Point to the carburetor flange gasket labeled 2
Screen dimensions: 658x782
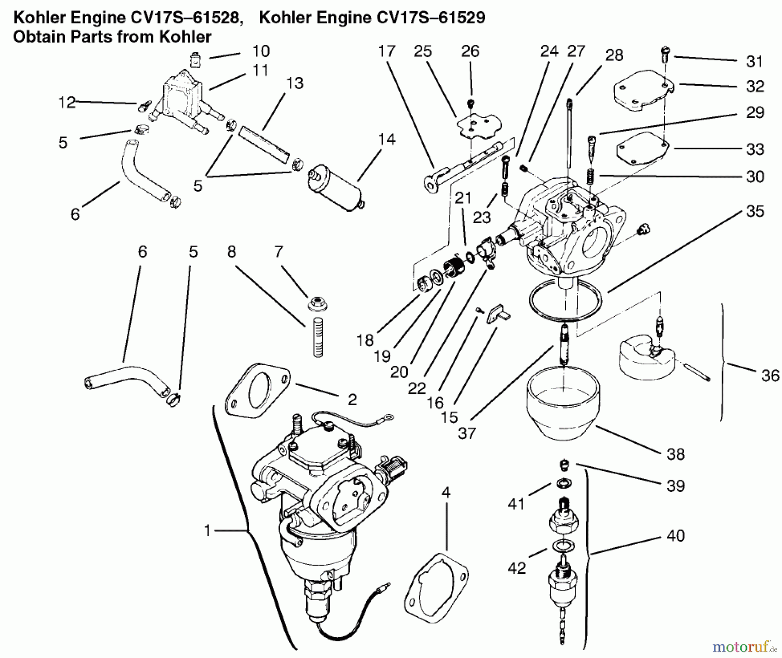point(257,387)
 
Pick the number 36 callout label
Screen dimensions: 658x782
point(770,376)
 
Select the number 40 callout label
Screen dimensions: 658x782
point(676,536)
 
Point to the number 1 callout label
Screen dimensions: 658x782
point(208,530)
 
